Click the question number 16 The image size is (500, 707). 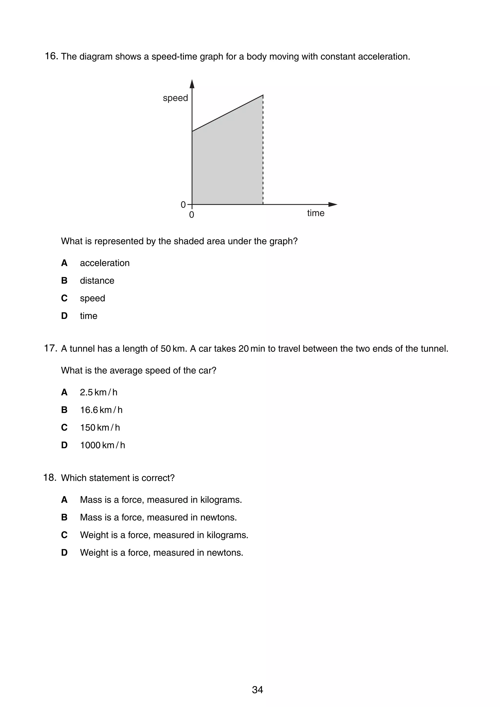click(51, 56)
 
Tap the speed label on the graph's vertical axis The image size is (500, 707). click(175, 98)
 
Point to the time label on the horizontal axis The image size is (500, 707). click(315, 213)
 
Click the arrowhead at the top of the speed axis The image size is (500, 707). click(192, 84)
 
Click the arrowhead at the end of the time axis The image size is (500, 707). click(333, 204)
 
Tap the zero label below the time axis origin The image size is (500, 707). click(192, 215)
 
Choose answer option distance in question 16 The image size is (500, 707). click(97, 281)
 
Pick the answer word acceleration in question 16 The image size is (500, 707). click(104, 263)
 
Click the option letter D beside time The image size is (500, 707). click(64, 316)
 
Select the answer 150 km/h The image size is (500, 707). click(100, 428)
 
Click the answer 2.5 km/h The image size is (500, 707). click(99, 392)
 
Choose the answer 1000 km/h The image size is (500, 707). click(102, 445)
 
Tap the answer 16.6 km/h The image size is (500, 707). click(101, 410)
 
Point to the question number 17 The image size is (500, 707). click(50, 349)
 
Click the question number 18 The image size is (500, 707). click(50, 478)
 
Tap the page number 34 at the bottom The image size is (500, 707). click(257, 690)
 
